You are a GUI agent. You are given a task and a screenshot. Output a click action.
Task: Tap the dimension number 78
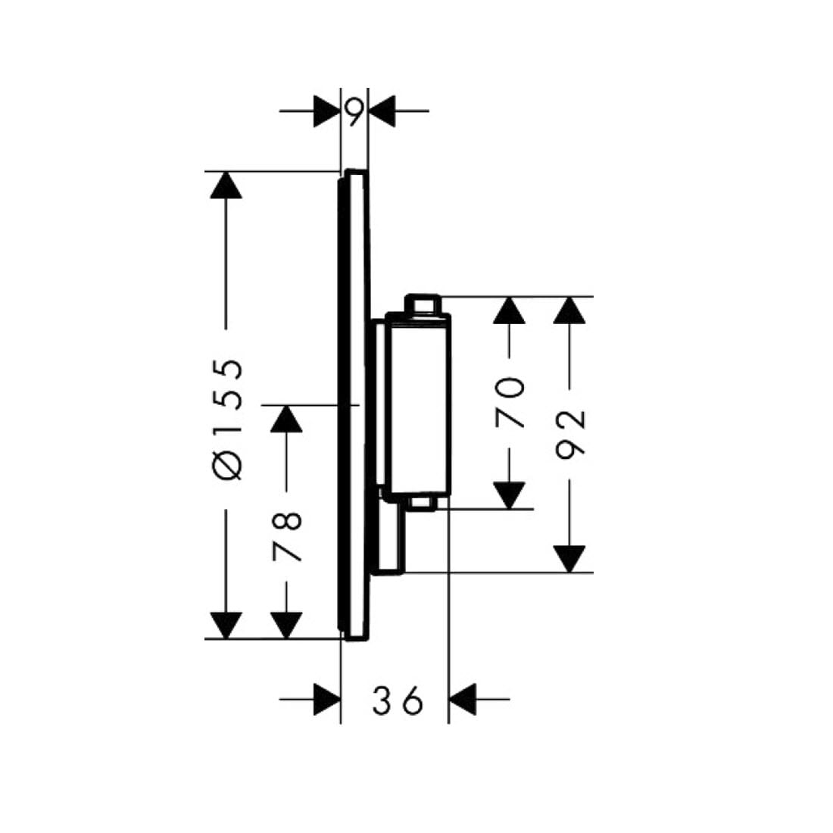(287, 535)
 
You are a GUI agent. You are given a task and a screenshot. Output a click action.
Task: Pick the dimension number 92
(569, 434)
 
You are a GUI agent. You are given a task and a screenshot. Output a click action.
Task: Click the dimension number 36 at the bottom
(396, 702)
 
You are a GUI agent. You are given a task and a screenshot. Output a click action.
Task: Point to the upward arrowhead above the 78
(286, 419)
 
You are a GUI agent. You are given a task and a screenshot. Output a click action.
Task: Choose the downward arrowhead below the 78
(286, 624)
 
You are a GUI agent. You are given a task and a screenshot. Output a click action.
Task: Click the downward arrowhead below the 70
(510, 495)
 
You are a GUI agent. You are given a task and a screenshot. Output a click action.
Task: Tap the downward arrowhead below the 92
(569, 558)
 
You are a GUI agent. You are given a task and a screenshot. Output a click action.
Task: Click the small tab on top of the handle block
(423, 303)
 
